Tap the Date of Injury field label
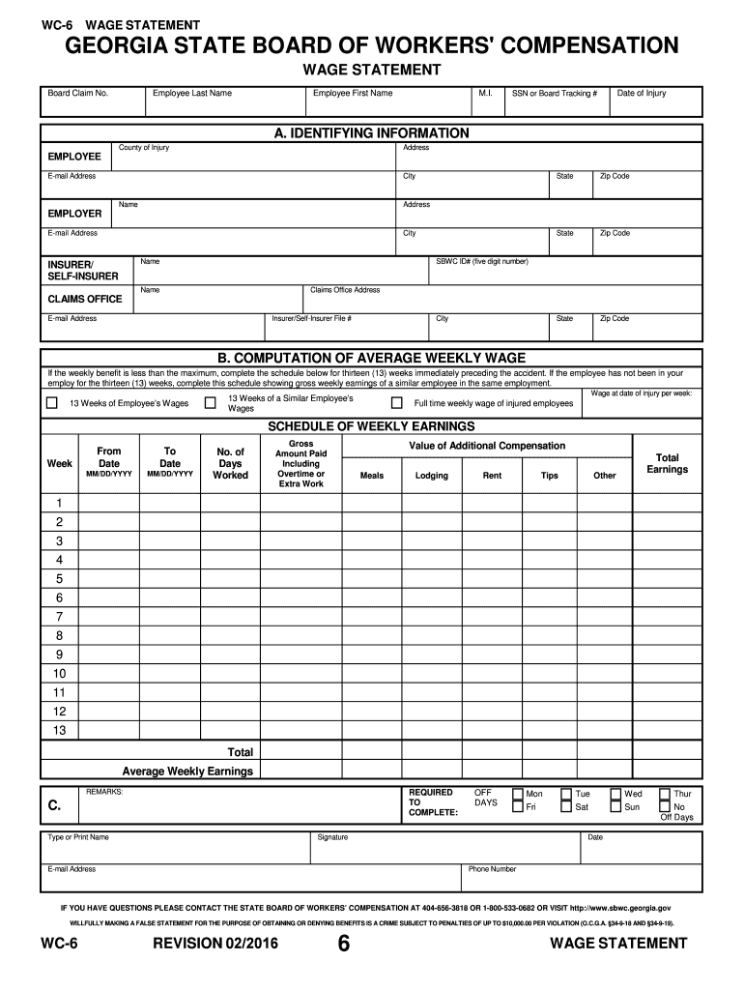tap(642, 94)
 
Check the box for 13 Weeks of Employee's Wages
tap(52, 403)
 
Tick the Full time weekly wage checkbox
tap(396, 403)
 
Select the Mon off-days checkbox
tap(519, 793)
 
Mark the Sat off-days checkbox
tap(566, 806)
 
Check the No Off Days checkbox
tap(665, 806)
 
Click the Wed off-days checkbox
tap(615, 793)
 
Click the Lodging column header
tap(431, 476)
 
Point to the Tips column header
tap(549, 476)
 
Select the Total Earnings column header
tap(667, 463)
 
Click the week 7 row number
tap(59, 617)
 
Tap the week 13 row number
tap(59, 730)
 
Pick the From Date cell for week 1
tap(109, 503)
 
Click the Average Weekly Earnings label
tap(187, 771)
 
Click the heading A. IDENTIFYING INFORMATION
tap(372, 132)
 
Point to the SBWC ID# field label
tap(482, 261)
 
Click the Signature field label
tap(332, 837)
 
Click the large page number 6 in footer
tap(343, 946)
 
